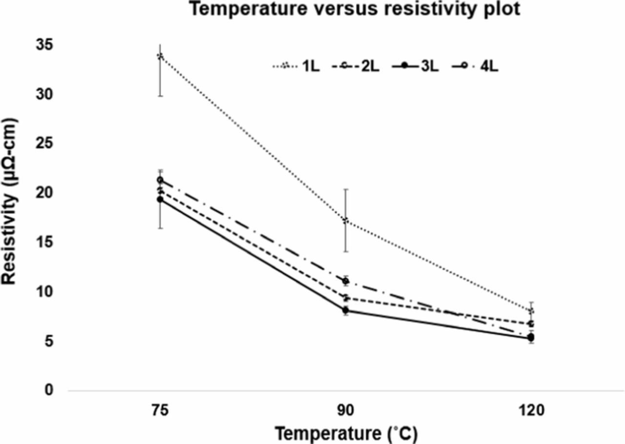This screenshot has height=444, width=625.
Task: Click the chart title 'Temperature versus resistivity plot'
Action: click(355, 9)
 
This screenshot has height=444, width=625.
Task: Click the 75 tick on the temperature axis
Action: click(160, 411)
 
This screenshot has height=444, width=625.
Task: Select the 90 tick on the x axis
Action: click(346, 411)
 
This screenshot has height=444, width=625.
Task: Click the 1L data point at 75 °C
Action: click(160, 56)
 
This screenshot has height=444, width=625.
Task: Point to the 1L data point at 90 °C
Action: click(346, 220)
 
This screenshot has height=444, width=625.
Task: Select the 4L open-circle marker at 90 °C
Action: click(346, 281)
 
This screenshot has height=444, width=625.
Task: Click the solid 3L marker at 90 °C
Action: click(346, 310)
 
